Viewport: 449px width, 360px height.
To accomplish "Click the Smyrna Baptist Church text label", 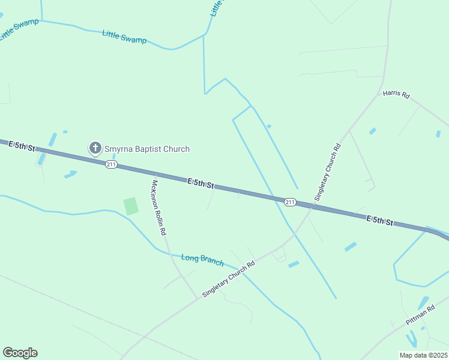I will coord(147,149).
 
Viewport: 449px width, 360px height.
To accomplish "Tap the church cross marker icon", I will coord(95,148).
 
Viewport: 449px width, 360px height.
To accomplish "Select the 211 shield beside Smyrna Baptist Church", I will coord(111,164).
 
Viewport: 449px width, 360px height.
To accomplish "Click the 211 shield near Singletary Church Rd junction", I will coord(290,202).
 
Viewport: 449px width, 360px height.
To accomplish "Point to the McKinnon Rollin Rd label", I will coord(159,208).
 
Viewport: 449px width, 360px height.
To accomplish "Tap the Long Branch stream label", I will coord(202,260).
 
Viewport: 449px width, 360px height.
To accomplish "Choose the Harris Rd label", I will coord(396,95).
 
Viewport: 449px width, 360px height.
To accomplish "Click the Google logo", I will coord(20,353).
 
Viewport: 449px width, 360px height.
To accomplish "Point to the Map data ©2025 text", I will coord(423,355).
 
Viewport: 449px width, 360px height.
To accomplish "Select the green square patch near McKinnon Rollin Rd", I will coord(131,206).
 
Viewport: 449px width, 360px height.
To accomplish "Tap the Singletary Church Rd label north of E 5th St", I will coord(328,172).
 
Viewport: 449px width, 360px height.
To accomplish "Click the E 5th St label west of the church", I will coord(23,145).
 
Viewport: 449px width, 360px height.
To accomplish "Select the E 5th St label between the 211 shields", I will coord(200,183).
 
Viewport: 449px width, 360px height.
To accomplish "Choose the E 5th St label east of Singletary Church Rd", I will coord(379,221).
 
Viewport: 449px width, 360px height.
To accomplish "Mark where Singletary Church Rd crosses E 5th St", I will coord(311,207).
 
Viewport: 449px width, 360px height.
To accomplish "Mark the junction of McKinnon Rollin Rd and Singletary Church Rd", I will coord(197,298).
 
